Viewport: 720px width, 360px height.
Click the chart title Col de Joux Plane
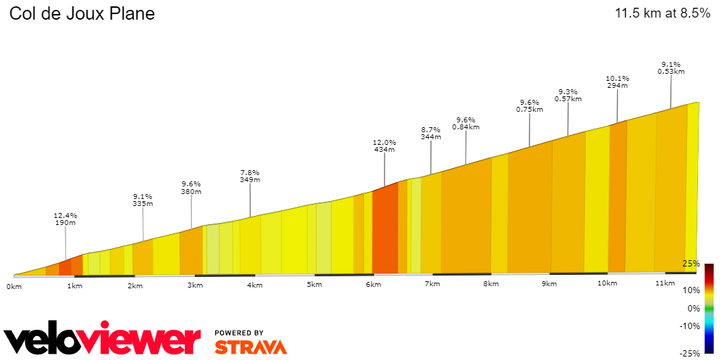pos(82,13)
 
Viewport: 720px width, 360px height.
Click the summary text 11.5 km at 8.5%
pos(662,13)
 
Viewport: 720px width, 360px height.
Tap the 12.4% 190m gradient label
pos(65,219)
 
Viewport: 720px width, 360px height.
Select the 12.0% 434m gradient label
pos(384,146)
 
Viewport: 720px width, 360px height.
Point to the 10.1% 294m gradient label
pos(617,82)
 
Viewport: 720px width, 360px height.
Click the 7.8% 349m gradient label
pos(250,176)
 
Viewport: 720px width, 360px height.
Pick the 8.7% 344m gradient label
pos(430,134)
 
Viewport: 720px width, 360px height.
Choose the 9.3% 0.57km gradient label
pos(567,95)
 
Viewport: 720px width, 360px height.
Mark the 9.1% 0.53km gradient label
pos(671,67)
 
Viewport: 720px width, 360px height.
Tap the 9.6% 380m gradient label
pos(191,188)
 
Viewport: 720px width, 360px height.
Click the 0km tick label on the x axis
pos(14,286)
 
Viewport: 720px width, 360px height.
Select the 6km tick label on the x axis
pos(373,285)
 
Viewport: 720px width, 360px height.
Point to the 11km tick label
pos(664,283)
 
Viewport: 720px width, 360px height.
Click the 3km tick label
pos(195,285)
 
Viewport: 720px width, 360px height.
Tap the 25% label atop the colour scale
pos(690,264)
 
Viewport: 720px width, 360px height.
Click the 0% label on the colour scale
pos(693,308)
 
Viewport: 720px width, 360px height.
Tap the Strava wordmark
pos(250,347)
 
